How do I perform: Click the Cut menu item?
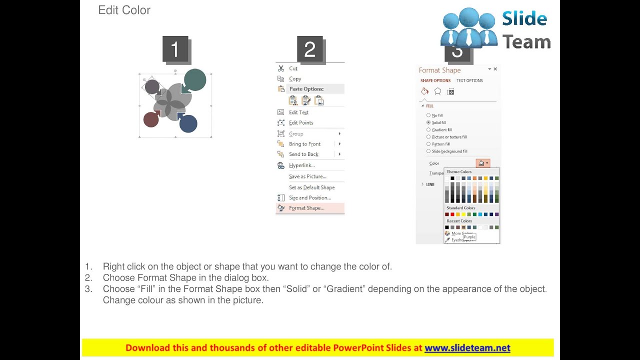[293, 68]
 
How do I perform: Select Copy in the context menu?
[295, 79]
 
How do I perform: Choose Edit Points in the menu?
[301, 123]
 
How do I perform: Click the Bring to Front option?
[304, 144]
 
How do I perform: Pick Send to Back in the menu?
[303, 154]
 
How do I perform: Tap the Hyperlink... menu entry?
[301, 165]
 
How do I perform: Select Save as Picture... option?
[307, 176]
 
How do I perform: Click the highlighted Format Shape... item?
[306, 208]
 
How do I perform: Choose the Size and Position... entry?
[309, 198]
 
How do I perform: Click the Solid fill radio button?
[428, 122]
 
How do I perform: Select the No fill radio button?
[428, 115]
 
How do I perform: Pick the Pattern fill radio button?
[428, 144]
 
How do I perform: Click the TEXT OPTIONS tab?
[469, 80]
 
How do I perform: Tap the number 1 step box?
[175, 49]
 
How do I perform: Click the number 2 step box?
[310, 49]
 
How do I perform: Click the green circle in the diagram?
[195, 80]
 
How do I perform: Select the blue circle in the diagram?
[188, 123]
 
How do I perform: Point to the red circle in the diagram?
[151, 119]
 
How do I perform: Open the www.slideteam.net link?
[467, 348]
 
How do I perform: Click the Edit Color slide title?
[124, 10]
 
